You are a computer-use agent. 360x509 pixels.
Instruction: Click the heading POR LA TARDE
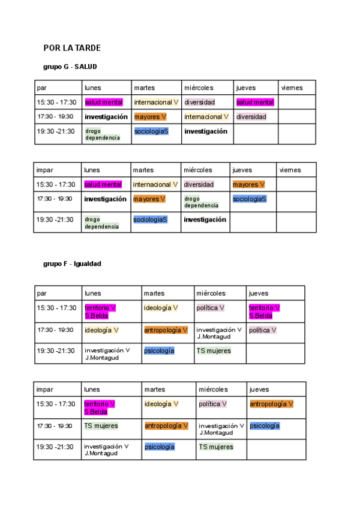72,48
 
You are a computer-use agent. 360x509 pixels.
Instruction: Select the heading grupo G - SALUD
70,67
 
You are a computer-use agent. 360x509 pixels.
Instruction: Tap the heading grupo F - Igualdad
72,264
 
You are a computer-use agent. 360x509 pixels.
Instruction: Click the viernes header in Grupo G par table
292,88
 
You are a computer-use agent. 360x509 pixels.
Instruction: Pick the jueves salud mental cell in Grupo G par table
255,103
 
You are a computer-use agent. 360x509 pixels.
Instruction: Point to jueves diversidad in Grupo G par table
251,117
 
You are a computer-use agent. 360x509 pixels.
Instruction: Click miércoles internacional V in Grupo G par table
206,117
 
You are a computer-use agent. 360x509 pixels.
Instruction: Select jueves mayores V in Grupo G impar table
248,185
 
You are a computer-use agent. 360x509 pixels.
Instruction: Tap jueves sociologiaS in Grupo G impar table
250,199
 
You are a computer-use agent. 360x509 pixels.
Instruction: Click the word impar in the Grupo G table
44,170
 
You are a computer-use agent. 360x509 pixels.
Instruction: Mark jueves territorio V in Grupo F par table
264,312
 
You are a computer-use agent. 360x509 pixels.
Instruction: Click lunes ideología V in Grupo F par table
101,330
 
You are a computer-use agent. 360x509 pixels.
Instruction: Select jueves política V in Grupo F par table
263,330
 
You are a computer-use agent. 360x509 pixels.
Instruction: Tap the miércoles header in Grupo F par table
211,294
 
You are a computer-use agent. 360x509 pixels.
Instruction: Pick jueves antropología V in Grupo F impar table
271,405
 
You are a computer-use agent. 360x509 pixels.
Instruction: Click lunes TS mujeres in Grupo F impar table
101,426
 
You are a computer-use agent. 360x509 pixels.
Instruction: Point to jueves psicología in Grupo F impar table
265,426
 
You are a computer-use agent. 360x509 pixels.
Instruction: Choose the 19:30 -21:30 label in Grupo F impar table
55,447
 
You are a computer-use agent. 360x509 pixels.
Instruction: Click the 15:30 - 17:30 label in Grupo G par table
56,103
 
